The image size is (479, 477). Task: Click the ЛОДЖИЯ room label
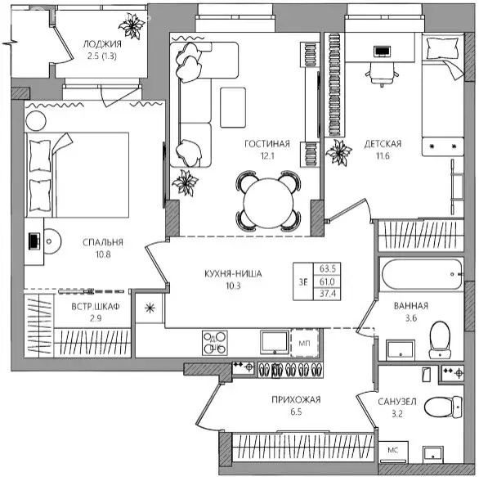tap(102, 44)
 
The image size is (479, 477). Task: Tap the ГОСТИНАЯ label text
tap(267, 144)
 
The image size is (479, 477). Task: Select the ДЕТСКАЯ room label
tap(383, 144)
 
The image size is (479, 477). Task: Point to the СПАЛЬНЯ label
tap(103, 242)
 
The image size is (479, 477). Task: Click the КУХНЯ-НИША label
tap(233, 273)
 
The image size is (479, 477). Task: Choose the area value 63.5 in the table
tap(328, 268)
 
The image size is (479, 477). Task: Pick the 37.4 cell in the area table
tap(328, 294)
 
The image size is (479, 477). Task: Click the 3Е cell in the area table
tap(303, 282)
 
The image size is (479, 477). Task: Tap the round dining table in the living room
tap(269, 201)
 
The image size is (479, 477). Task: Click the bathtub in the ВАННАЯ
tap(421, 274)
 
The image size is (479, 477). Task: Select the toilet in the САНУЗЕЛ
tap(443, 407)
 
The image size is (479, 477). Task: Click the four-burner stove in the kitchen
tap(215, 343)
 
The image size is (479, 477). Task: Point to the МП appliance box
tap(304, 343)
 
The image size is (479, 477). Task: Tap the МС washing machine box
tap(393, 452)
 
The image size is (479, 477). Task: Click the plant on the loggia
tap(132, 26)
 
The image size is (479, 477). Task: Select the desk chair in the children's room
tap(382, 74)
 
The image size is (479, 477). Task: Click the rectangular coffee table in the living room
tap(233, 108)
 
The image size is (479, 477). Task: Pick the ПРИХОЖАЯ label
tap(296, 399)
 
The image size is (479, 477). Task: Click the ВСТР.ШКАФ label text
tap(96, 306)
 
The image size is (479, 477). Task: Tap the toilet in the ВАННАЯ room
tap(440, 340)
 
